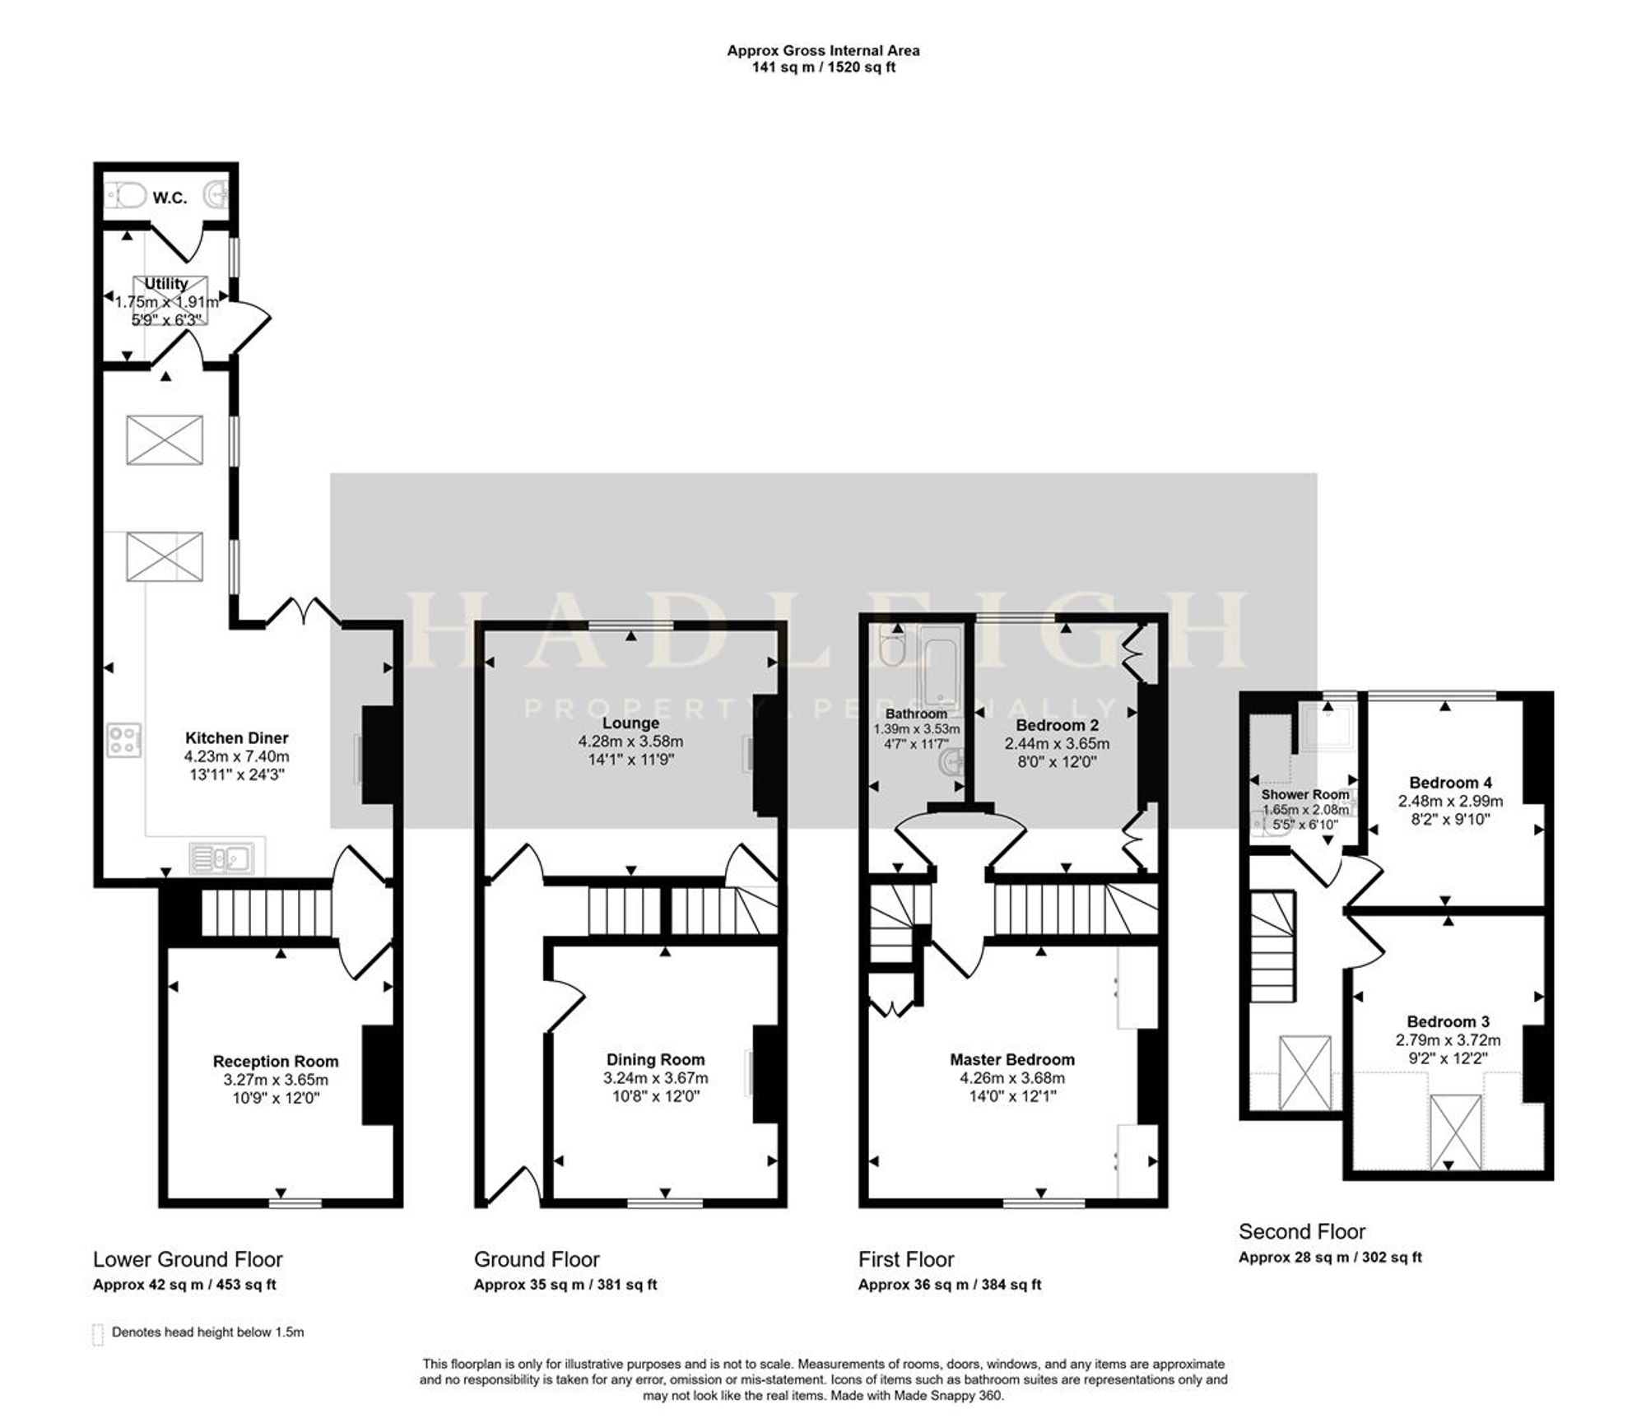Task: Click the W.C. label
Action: tap(170, 198)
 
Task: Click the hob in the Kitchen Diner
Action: tap(123, 739)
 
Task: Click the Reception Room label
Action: tap(276, 1062)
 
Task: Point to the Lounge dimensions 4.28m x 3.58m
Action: tap(630, 742)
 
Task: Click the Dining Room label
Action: tap(655, 1060)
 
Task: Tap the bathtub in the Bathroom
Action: tap(940, 666)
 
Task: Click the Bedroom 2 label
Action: tap(1057, 725)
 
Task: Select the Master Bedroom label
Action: tap(1012, 1059)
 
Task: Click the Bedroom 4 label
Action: tap(1450, 783)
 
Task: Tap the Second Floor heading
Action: tap(1302, 1232)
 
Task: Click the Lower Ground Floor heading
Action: tap(188, 1260)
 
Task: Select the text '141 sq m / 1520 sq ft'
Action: tap(823, 67)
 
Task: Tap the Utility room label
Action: tap(166, 283)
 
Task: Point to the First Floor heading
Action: tap(906, 1260)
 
